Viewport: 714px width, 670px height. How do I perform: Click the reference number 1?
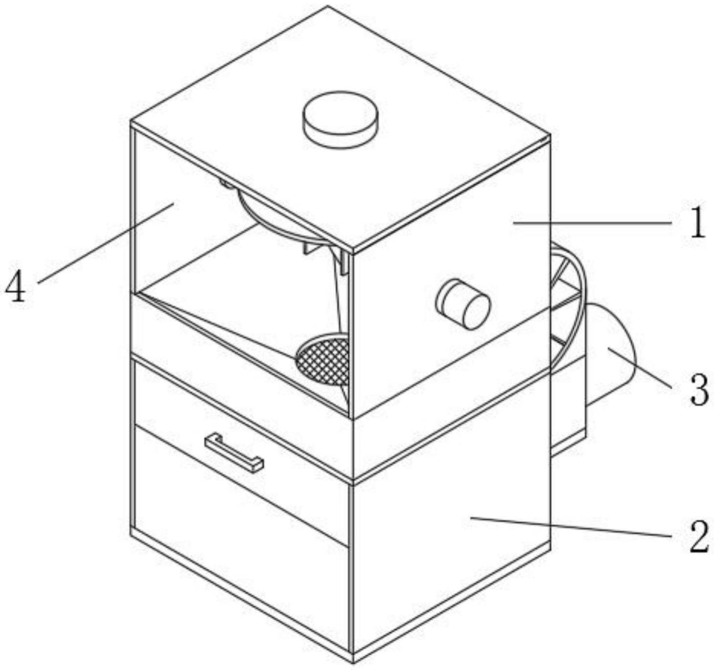[x=698, y=222]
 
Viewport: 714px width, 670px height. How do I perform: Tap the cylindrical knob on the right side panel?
[x=463, y=304]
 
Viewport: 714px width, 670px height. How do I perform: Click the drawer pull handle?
[x=234, y=454]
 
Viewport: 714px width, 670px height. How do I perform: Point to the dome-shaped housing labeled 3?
[x=611, y=357]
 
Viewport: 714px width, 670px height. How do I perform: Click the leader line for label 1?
[x=591, y=223]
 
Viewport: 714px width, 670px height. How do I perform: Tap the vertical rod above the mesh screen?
[x=341, y=298]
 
